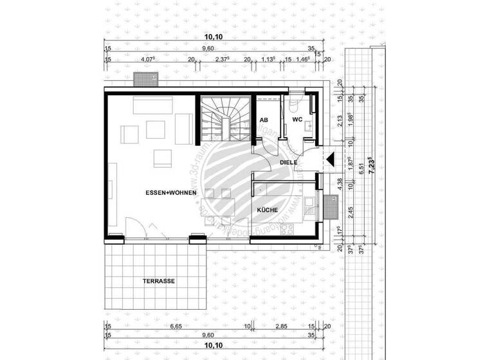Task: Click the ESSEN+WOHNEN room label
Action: [x=170, y=193]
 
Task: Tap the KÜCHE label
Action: [x=267, y=210]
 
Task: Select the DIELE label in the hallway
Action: [x=288, y=163]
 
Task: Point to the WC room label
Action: [x=297, y=120]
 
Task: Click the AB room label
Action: [x=264, y=120]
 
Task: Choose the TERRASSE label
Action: [x=158, y=281]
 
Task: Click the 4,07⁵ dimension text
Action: [x=149, y=59]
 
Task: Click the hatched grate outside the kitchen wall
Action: [x=331, y=206]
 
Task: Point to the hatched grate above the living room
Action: [x=145, y=79]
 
